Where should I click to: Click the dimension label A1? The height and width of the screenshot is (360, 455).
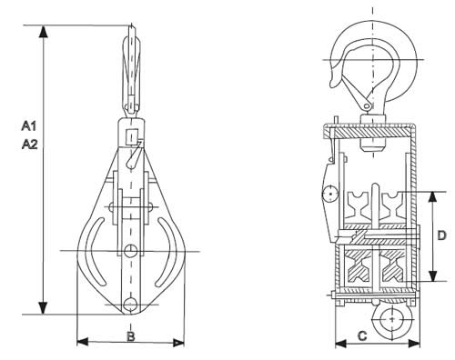click(29, 125)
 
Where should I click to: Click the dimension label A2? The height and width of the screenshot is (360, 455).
click(30, 145)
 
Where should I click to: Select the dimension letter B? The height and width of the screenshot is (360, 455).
click(131, 336)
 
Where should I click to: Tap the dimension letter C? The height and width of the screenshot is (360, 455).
click(362, 335)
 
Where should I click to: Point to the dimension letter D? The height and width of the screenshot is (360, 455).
click(442, 235)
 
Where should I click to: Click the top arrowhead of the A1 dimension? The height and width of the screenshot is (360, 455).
click(44, 32)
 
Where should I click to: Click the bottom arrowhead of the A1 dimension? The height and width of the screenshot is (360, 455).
click(44, 308)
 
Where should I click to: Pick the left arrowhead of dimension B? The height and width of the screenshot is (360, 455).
click(83, 343)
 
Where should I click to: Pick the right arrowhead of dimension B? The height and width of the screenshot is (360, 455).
click(178, 343)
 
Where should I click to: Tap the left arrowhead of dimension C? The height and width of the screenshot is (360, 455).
click(341, 344)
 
